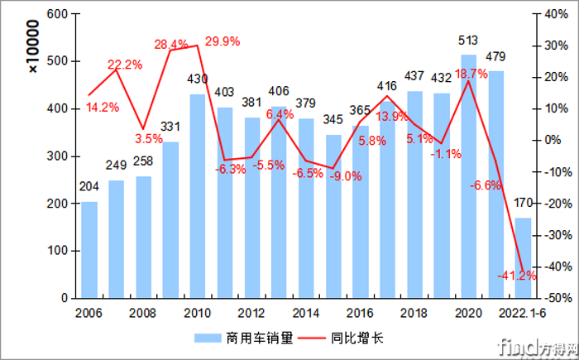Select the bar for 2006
click(x=89, y=249)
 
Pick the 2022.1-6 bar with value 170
click(x=523, y=257)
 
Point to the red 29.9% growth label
click(x=224, y=41)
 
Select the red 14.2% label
click(x=103, y=107)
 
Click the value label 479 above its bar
click(x=495, y=57)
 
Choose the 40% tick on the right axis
click(x=555, y=14)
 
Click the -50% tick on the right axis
click(x=555, y=298)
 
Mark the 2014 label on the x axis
click(x=305, y=313)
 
